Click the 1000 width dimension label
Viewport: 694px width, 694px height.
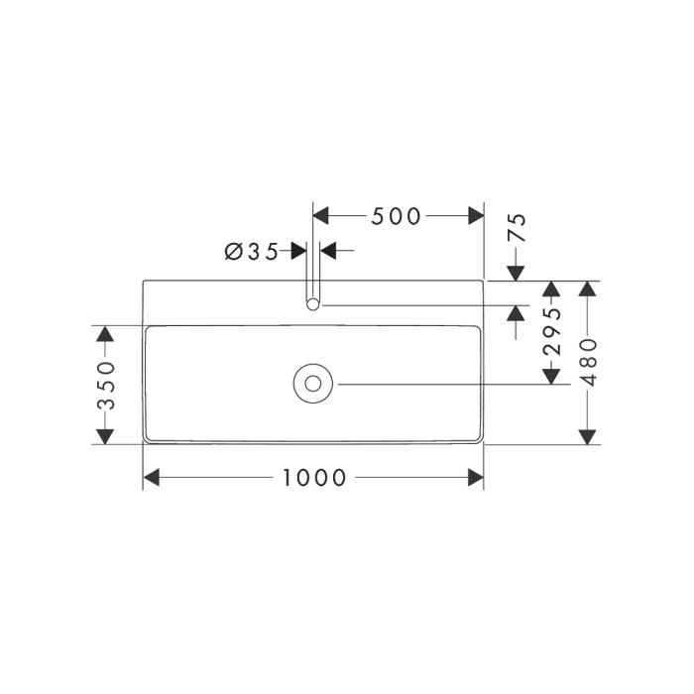[314, 478]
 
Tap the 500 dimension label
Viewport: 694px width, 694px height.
[397, 216]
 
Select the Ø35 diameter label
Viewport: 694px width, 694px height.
[252, 251]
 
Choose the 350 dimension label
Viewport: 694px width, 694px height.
[105, 386]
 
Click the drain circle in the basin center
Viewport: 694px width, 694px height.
[313, 384]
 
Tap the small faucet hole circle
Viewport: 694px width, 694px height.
[313, 304]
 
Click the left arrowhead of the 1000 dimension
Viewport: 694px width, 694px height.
[152, 478]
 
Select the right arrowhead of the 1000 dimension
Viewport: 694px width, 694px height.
[476, 478]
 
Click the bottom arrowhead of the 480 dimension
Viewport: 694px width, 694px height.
[588, 436]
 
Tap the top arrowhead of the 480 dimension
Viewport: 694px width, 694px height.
[588, 289]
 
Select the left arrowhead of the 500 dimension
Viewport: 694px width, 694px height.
[321, 216]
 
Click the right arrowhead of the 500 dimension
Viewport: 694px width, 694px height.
[476, 216]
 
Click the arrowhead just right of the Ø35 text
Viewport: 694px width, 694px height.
[298, 251]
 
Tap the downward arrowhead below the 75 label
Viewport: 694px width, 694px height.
[516, 273]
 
